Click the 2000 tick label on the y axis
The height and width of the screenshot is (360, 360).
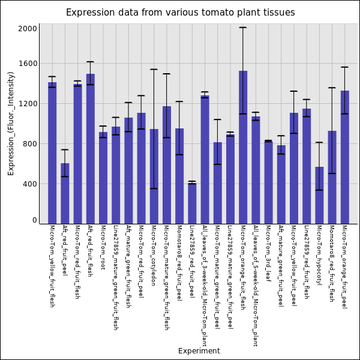(x=29, y=28)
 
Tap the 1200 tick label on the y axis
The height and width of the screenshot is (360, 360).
(x=29, y=104)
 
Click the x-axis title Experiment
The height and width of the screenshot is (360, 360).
(x=199, y=351)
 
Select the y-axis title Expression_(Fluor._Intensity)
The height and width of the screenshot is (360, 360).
(x=11, y=123)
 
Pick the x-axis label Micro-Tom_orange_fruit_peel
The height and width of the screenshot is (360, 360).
(x=344, y=266)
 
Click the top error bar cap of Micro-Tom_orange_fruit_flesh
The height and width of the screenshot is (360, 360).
(x=243, y=28)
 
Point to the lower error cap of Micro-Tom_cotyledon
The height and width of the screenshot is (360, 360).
(x=154, y=188)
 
